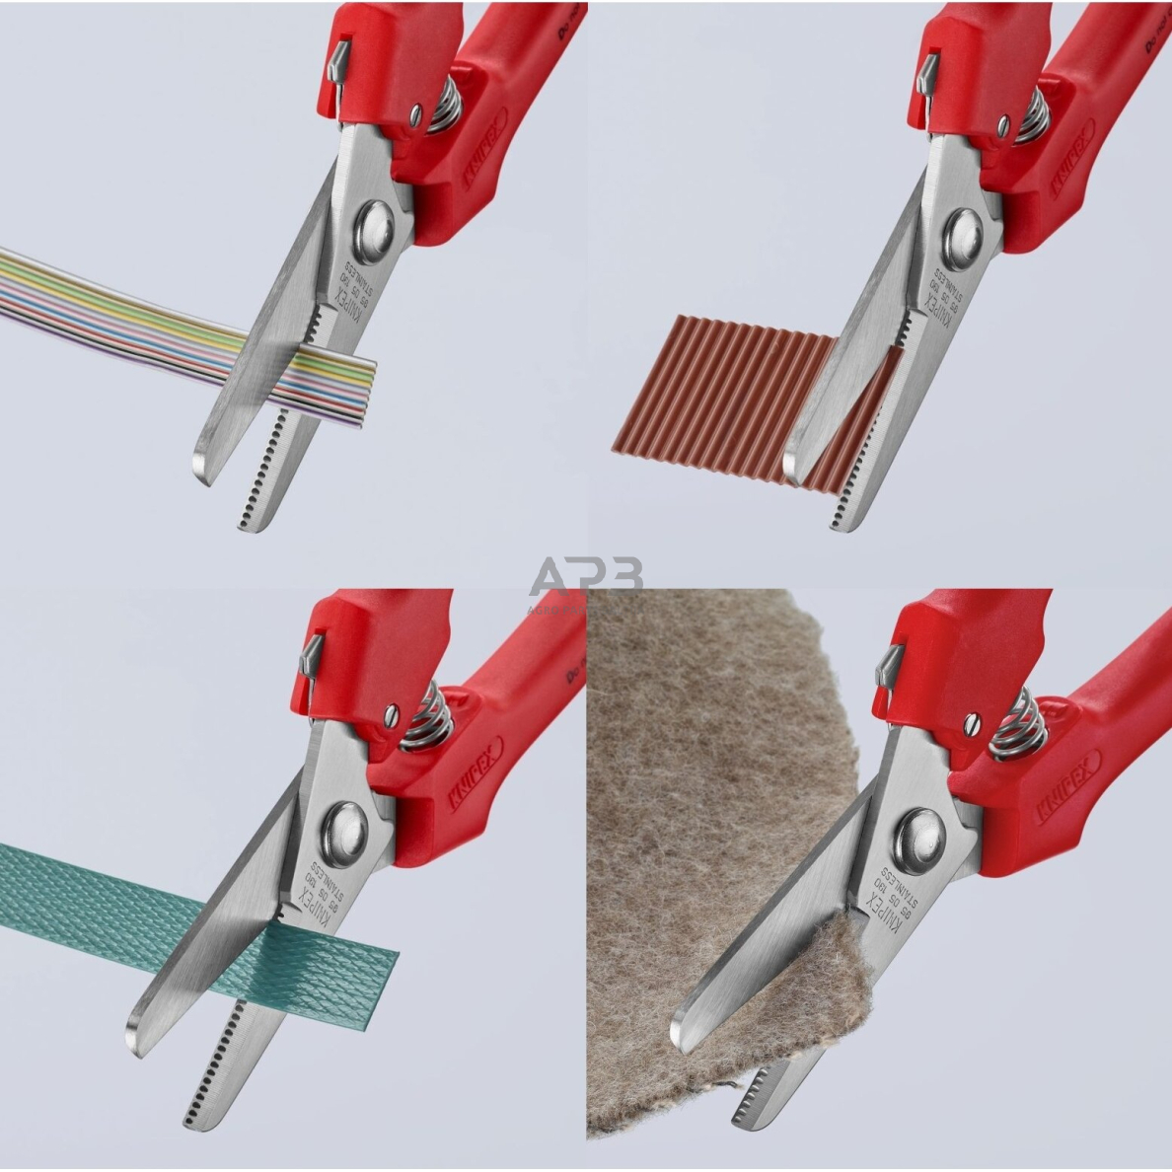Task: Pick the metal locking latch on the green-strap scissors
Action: click(310, 656)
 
